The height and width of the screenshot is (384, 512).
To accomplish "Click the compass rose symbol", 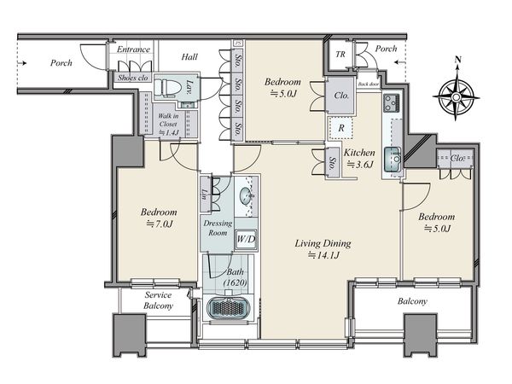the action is [457, 96].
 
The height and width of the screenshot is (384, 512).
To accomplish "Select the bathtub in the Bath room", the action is [229, 309].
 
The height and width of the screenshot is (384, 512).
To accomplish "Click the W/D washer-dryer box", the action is [246, 239].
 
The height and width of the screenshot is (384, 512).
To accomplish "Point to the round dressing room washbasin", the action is [247, 196].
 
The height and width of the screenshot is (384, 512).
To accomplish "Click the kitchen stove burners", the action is [391, 103].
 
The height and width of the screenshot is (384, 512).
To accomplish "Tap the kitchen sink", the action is [393, 160].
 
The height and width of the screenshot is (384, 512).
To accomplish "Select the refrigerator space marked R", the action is [340, 128].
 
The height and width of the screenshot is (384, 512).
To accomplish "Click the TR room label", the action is [340, 55].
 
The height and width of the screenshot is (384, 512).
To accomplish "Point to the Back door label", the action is [369, 84].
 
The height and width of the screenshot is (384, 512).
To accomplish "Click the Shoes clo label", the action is [133, 78].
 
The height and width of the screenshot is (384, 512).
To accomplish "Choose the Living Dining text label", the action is [323, 243].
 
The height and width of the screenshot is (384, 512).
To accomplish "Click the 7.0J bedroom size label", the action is [159, 224].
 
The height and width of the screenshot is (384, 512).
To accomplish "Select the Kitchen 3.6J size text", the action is [360, 165].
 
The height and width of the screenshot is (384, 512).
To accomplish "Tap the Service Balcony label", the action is [159, 300].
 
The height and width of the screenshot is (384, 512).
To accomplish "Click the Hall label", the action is [189, 57].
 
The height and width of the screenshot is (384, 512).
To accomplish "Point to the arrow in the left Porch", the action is [22, 63].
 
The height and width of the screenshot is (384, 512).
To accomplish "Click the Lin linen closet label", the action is [205, 195].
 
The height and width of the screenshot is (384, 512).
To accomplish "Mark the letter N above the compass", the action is [458, 60].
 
